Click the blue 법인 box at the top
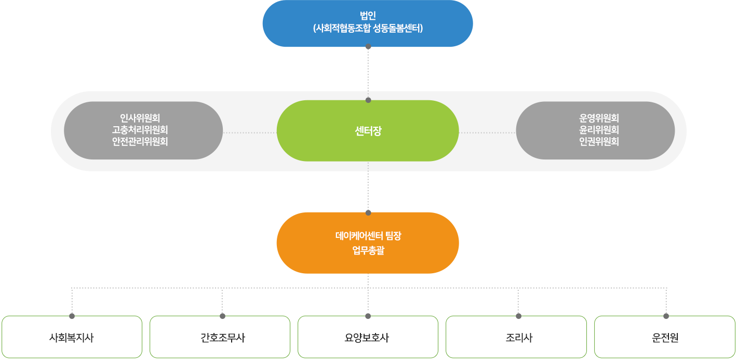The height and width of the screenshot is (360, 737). pyautogui.click(x=368, y=23)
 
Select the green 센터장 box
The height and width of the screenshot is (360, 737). pyautogui.click(x=368, y=130)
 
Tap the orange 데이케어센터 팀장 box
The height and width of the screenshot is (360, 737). pyautogui.click(x=368, y=243)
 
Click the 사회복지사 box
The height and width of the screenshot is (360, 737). pyautogui.click(x=72, y=338)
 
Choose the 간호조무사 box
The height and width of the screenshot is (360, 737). pyautogui.click(x=220, y=338)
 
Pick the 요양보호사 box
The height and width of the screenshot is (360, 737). pyautogui.click(x=368, y=338)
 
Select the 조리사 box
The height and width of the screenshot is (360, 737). pyautogui.click(x=516, y=338)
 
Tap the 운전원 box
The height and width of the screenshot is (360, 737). pyautogui.click(x=665, y=338)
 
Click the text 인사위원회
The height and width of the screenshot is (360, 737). pyautogui.click(x=140, y=118)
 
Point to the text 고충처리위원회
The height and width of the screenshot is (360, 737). pyautogui.click(x=140, y=130)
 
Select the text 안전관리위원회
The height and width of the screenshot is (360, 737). pyautogui.click(x=140, y=141)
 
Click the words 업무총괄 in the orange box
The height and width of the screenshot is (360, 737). pyautogui.click(x=368, y=251)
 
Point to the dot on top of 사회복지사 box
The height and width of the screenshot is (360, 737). pyautogui.click(x=72, y=316)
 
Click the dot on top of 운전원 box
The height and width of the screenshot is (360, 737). pyautogui.click(x=666, y=316)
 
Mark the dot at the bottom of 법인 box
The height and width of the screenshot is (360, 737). pyautogui.click(x=368, y=47)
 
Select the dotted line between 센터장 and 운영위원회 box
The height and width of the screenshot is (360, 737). pyautogui.click(x=487, y=132)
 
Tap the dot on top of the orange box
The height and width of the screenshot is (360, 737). pyautogui.click(x=368, y=212)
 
